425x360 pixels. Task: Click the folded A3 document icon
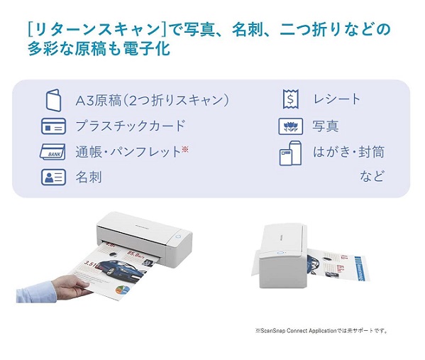pos(53,100)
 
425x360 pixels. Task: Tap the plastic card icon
pos(53,126)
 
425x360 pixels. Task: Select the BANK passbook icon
pos(53,152)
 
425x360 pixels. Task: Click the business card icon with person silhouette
pos(53,177)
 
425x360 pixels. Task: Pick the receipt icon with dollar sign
pos(291,99)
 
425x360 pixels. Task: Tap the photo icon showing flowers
pos(291,126)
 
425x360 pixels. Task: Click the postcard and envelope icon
pos(290,153)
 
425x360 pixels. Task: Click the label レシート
pos(336,99)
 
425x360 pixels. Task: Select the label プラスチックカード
pos(131,126)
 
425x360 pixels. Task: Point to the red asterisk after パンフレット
pos(185,149)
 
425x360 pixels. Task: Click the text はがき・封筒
pos(348,152)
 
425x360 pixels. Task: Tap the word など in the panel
pos(372,176)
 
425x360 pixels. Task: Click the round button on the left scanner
pos(178,236)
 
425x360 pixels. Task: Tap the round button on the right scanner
pos(280,253)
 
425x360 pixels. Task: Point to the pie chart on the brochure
pos(122,290)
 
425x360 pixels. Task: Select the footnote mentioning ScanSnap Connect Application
pos(321,331)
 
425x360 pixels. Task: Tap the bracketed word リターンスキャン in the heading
pos(98,29)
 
